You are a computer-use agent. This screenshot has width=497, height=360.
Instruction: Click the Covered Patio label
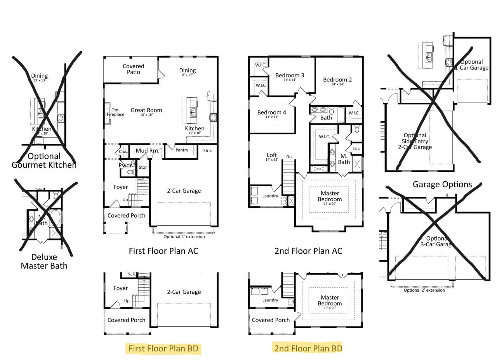(x=133, y=69)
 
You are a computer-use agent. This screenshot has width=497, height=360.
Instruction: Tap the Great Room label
(x=146, y=110)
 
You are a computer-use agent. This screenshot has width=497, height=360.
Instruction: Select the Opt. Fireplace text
(x=115, y=112)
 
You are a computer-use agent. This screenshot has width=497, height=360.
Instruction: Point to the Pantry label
(x=181, y=150)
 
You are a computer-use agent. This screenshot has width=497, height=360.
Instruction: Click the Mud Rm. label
(x=147, y=151)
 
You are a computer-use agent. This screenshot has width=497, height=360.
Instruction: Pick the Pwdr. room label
(x=126, y=166)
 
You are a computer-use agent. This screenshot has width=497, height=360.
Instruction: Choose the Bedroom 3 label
(x=290, y=75)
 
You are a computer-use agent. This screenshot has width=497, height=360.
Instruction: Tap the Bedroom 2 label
(x=337, y=80)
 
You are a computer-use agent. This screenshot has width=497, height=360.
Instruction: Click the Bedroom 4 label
(x=272, y=112)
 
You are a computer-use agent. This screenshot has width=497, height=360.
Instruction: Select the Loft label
(x=272, y=155)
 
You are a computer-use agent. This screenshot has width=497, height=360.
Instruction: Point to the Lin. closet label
(x=356, y=149)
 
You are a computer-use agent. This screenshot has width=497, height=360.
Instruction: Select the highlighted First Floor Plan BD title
(x=163, y=348)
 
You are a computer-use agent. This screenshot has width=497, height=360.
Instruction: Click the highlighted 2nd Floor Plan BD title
(x=308, y=348)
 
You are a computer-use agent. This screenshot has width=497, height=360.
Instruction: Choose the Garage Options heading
(x=442, y=184)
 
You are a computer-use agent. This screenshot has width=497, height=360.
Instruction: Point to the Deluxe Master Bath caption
(x=44, y=261)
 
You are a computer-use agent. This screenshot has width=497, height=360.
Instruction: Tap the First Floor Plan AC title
(x=163, y=251)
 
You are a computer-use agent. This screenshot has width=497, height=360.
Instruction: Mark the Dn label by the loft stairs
(x=289, y=157)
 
